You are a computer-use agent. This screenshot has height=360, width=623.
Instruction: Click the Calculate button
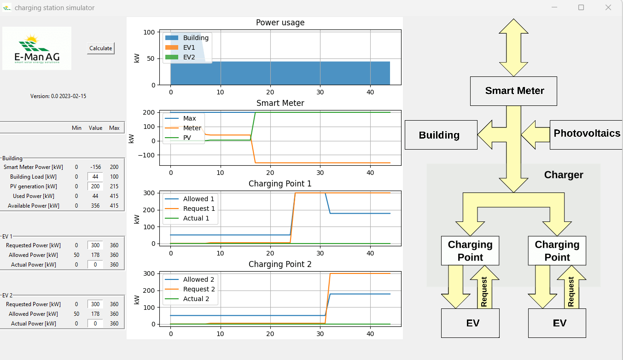click(100, 48)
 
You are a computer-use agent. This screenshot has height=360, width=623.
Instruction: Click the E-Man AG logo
click(37, 48)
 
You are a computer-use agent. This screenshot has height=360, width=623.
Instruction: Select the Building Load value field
click(95, 177)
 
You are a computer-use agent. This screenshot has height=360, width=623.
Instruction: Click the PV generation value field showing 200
click(95, 186)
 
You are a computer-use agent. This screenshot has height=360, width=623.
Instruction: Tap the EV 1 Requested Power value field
click(95, 245)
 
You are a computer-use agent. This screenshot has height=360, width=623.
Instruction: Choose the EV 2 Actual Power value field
click(95, 324)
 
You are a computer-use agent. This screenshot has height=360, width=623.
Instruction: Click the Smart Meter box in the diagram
click(513, 91)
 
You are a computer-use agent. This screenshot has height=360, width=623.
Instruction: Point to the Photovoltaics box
click(586, 134)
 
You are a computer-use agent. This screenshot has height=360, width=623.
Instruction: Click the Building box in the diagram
click(440, 135)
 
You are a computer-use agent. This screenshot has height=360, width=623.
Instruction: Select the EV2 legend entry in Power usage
click(189, 58)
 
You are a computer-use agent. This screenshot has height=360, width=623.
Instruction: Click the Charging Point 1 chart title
click(280, 184)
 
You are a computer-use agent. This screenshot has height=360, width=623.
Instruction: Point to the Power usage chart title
click(280, 23)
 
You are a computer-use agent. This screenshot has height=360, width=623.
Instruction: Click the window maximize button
click(581, 7)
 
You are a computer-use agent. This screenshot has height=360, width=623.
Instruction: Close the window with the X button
click(608, 7)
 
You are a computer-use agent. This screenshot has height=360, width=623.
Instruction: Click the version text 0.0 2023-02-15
click(58, 96)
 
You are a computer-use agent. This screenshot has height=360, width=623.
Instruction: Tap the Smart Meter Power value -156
click(96, 167)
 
